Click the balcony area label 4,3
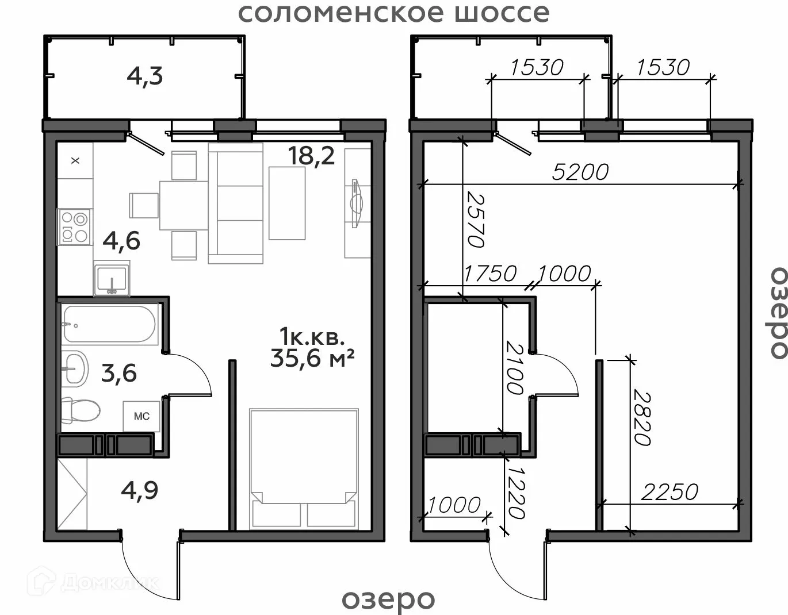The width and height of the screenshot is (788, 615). click(x=145, y=77)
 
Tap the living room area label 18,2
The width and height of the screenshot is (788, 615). click(x=311, y=156)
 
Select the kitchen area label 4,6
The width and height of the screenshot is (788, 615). click(x=121, y=241)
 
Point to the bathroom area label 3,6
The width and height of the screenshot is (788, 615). click(x=118, y=374)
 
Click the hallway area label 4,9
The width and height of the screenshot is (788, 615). click(x=140, y=491)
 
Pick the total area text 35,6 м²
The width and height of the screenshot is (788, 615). click(x=312, y=358)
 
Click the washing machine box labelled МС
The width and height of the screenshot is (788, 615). click(x=141, y=416)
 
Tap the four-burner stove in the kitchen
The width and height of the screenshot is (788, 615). click(x=74, y=227)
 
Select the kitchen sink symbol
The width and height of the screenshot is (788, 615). click(x=112, y=278)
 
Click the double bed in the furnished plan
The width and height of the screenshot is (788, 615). click(x=304, y=469)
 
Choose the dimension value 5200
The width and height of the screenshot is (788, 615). click(x=580, y=172)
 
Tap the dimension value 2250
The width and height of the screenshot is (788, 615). click(x=670, y=492)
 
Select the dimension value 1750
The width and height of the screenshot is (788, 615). click(x=490, y=274)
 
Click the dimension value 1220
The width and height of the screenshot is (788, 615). click(x=516, y=493)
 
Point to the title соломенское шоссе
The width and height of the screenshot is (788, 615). click(x=394, y=13)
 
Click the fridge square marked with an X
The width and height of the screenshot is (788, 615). click(x=75, y=160)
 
